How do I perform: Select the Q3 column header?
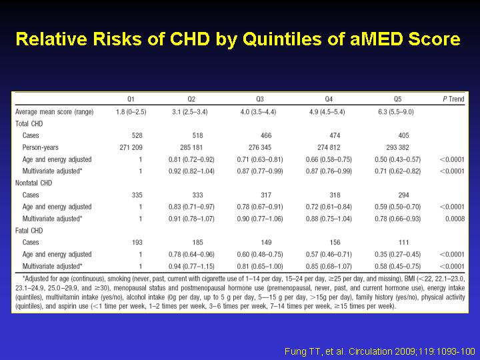pos(260,99)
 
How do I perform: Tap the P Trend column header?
pos(453,99)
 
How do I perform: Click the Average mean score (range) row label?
pos(55,112)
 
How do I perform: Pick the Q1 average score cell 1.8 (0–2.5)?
pos(131,112)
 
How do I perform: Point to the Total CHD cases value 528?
pos(137,135)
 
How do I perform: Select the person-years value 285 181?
pos(191,147)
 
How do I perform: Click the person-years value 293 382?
pos(397,147)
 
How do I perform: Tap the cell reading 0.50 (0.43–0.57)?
pos(397,159)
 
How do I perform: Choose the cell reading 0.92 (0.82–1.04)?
pos(191,171)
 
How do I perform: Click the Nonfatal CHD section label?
pos(34,183)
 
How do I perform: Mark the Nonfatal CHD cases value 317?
pos(266,195)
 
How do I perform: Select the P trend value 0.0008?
pos(455,219)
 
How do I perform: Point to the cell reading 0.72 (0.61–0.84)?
pos(329,207)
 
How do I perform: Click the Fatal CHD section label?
pos(29,231)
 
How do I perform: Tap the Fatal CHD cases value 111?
pos(403,243)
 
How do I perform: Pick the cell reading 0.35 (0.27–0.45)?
pos(397,255)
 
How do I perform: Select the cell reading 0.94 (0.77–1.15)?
pos(191,266)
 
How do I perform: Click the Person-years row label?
pos(40,147)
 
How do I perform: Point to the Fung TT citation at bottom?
pos(379,351)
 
